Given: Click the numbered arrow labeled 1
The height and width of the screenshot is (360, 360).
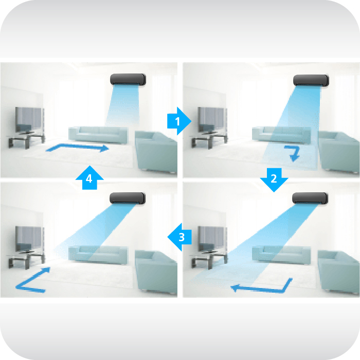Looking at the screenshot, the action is tap(179, 121).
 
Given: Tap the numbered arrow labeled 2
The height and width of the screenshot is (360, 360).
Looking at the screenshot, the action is tap(274, 179).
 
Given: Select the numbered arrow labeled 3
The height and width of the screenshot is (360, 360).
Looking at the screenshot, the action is tap(179, 237).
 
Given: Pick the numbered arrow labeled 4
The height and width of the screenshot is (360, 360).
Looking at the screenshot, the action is tap(89, 178).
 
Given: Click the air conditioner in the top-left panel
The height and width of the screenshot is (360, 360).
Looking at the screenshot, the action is tap(128, 80).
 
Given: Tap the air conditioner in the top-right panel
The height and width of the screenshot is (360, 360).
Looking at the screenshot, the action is tap(311, 81).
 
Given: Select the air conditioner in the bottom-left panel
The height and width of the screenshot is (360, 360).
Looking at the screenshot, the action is tap(128, 199).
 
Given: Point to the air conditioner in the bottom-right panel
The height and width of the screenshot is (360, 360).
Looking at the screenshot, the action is tap(310, 199).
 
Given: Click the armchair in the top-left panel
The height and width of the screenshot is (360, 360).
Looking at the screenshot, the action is tap(156, 151).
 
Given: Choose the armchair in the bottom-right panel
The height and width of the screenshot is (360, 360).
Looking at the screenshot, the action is tap(338, 271).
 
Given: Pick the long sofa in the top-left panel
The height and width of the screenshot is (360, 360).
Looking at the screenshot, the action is tap(98, 134).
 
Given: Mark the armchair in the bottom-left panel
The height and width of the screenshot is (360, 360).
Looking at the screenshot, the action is tap(156, 271).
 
